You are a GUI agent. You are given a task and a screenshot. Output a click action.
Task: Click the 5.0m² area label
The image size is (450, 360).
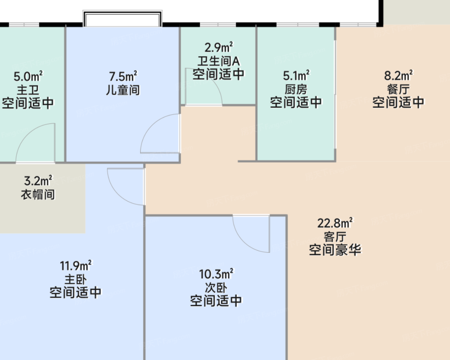tap(28, 77)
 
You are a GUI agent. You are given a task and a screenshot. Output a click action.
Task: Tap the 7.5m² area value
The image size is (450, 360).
tap(123, 77)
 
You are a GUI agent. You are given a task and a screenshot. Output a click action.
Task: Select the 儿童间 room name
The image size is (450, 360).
tap(123, 90)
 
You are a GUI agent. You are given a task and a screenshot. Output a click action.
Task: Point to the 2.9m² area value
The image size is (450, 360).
tap(219, 47)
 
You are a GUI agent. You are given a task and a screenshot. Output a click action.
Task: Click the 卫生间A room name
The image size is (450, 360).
tap(219, 61)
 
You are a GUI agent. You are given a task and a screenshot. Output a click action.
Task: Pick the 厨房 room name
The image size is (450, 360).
tap(296, 89)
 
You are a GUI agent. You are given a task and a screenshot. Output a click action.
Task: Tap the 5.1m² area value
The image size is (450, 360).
tap(296, 76)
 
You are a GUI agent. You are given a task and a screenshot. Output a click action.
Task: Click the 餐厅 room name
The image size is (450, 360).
tap(398, 89)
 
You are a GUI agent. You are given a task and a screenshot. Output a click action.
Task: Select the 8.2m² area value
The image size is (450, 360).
tap(398, 76)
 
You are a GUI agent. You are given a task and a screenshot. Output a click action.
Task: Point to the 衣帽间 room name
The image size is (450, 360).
tap(38, 194)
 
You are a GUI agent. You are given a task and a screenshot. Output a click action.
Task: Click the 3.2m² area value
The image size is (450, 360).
tap(38, 181)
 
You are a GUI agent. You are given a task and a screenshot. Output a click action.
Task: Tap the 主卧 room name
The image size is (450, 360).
tap(76, 279)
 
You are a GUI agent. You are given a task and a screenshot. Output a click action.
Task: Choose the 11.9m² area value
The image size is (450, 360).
tap(76, 266)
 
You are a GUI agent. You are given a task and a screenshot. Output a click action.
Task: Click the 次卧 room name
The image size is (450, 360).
tap(216, 288)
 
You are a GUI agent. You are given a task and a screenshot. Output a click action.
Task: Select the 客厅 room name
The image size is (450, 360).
tap(335, 237)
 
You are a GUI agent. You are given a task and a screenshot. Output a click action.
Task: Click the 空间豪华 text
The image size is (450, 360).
tap(335, 250)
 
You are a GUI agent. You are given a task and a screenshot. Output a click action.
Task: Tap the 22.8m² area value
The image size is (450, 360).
tap(335, 223)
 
